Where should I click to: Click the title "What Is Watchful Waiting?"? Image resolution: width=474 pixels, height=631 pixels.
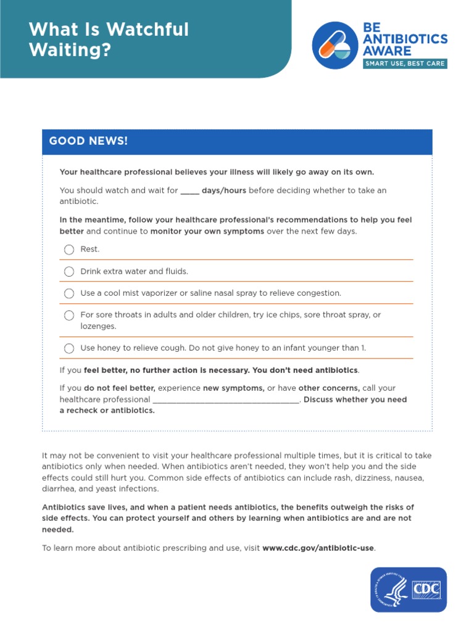[109, 39]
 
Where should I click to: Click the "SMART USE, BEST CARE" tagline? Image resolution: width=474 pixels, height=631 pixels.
[404, 63]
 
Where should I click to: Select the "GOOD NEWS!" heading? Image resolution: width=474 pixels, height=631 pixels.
[88, 141]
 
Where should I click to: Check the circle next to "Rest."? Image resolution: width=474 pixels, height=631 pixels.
[69, 250]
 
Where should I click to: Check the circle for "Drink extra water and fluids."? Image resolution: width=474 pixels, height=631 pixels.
[69, 272]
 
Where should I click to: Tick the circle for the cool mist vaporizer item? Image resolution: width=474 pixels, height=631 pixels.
[69, 293]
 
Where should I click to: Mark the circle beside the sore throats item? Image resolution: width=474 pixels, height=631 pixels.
[69, 315]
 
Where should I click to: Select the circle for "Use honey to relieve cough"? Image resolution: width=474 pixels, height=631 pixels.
[69, 348]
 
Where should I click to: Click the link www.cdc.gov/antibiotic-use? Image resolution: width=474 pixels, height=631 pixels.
[318, 548]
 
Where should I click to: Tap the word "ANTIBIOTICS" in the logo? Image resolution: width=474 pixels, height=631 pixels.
[405, 39]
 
